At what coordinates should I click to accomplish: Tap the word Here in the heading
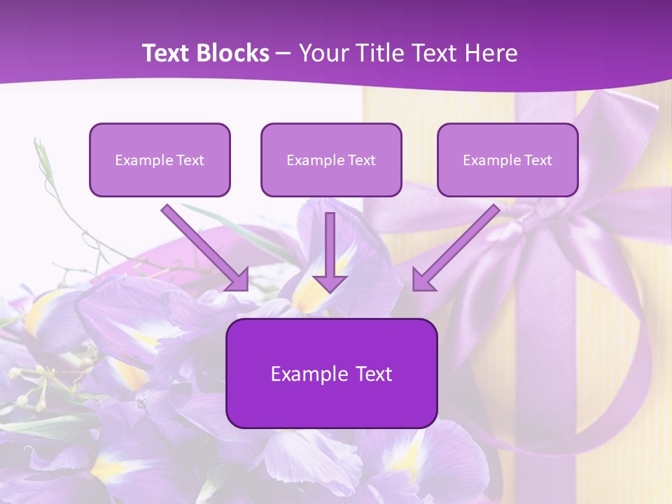pyautogui.click(x=493, y=53)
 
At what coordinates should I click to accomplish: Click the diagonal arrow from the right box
pyautogui.click(x=458, y=245)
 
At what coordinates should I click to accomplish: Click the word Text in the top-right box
pyautogui.click(x=538, y=160)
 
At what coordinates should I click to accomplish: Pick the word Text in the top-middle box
pyautogui.click(x=361, y=160)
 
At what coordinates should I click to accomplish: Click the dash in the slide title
pyautogui.click(x=283, y=54)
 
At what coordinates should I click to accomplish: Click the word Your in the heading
pyautogui.click(x=321, y=53)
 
